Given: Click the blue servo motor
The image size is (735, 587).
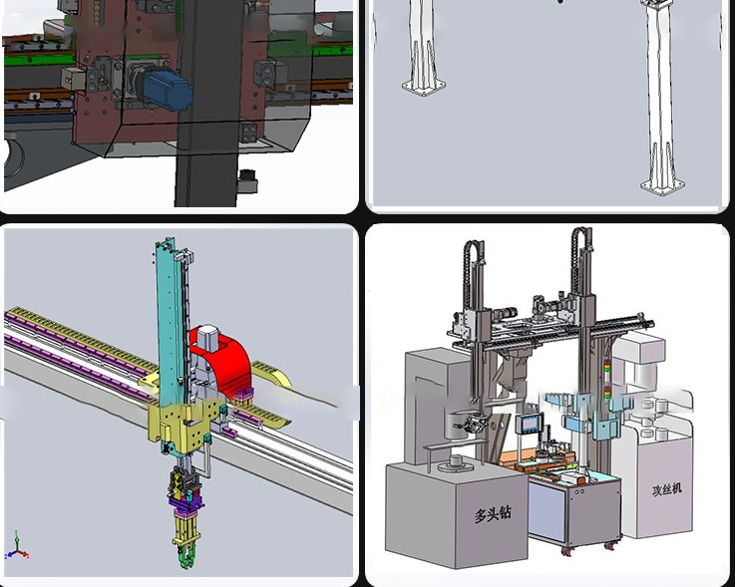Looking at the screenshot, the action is (167, 90).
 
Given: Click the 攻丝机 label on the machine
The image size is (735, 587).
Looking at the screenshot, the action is (666, 489).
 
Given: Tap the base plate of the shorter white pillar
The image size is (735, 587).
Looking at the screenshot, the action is (424, 87).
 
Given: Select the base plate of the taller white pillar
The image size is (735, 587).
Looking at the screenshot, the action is (662, 185).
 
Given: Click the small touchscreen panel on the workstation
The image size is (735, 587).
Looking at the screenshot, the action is (530, 424).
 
